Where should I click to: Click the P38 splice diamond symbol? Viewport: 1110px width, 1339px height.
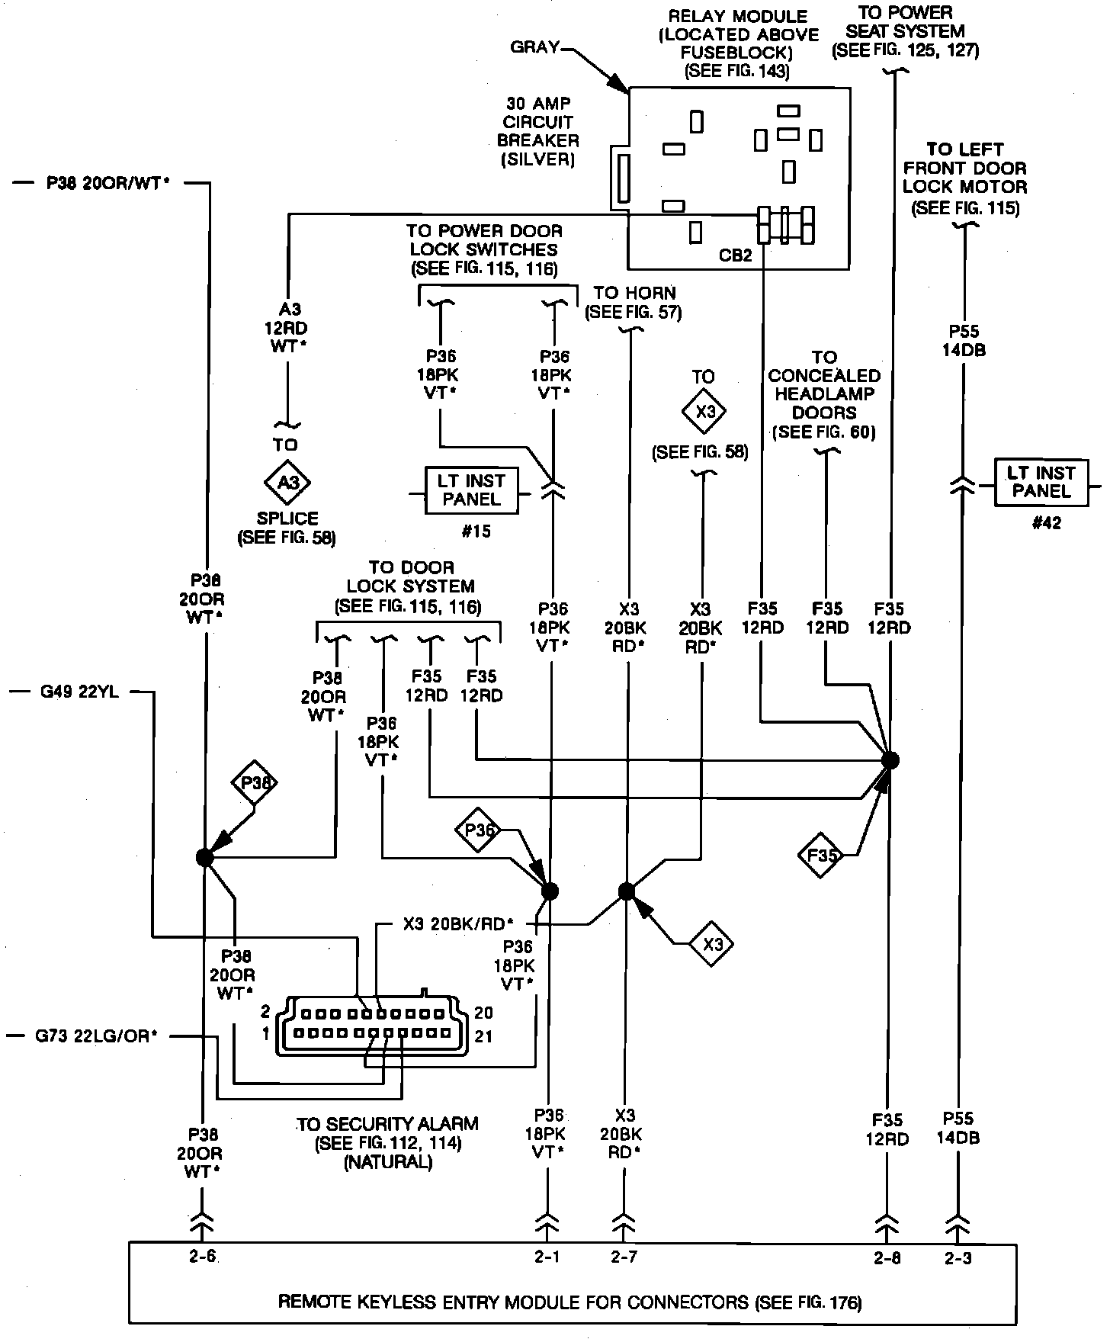coord(255,782)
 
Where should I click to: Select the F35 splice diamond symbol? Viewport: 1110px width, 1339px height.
coord(822,856)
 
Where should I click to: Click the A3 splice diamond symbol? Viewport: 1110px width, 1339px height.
coord(287,483)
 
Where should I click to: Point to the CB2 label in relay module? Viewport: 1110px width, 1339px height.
coord(735,255)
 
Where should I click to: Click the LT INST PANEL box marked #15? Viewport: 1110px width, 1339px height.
coord(471,490)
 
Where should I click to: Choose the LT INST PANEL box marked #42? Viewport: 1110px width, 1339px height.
coord(1041,483)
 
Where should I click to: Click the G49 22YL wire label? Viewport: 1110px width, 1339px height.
coord(79,694)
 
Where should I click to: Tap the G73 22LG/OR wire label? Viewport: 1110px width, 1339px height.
coord(96,1036)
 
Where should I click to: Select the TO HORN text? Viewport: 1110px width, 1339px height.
coord(634,293)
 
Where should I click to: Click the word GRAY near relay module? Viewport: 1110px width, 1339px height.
coord(535,47)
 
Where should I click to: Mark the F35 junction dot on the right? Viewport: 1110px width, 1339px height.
coord(890,760)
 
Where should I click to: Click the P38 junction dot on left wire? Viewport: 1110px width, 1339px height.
coord(204,857)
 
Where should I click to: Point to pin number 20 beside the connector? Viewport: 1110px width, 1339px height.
coord(483,1013)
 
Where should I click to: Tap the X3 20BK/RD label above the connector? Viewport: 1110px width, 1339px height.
coord(459,924)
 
